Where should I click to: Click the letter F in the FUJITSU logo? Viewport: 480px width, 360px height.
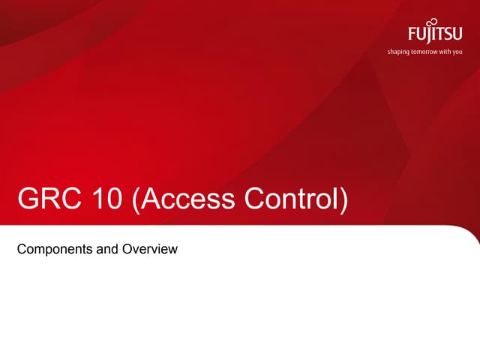point(413,35)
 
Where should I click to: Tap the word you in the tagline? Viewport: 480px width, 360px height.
point(468,52)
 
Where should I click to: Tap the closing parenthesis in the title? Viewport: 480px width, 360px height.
point(344,202)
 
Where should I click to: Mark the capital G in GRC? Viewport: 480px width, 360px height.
point(28,201)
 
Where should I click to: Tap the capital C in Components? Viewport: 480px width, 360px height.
point(22,248)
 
